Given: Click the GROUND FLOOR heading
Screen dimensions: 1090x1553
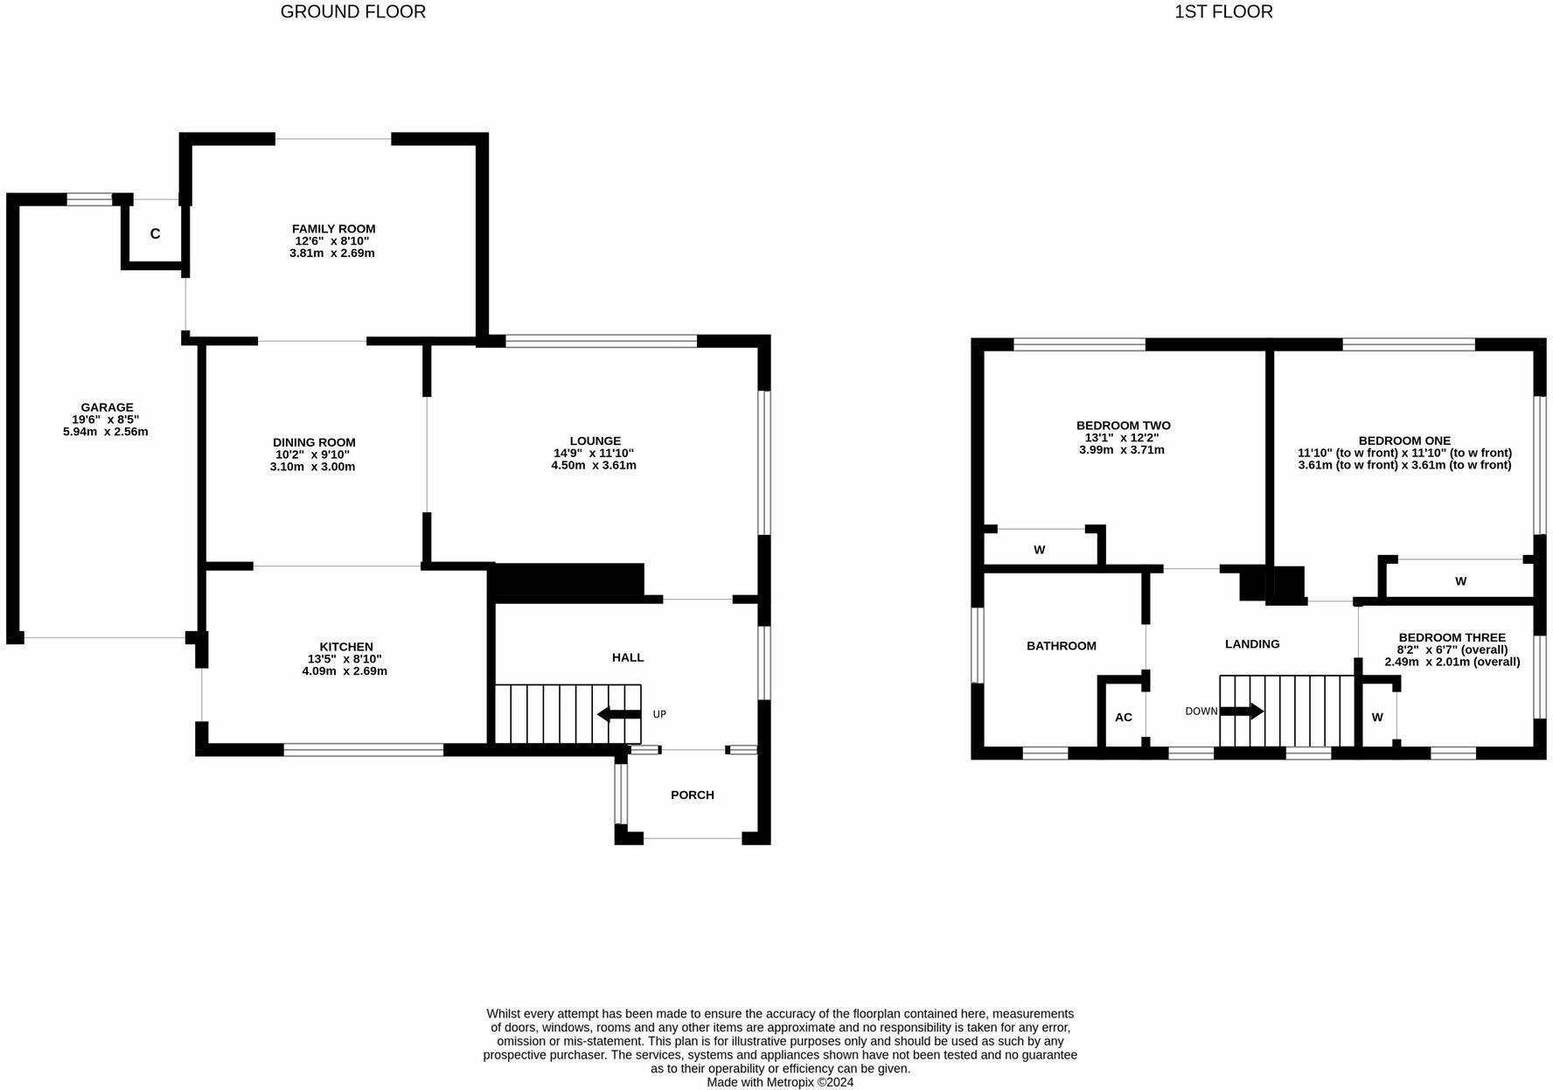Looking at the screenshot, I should [x=352, y=11].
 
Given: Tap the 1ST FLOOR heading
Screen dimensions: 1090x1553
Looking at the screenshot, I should [x=1222, y=11].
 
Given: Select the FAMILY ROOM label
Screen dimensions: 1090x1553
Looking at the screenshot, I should [x=333, y=228].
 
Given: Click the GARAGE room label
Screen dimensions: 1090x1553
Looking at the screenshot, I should [x=107, y=406].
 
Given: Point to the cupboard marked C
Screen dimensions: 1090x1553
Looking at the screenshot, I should [x=155, y=233].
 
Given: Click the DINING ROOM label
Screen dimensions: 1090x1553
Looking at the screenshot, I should [x=314, y=442].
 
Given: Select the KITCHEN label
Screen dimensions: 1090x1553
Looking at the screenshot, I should [x=345, y=646].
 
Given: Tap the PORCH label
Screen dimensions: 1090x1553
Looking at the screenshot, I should [x=692, y=795].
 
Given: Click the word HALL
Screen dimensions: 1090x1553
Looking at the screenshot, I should [x=627, y=657].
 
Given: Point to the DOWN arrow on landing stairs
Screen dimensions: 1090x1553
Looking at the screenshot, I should [x=1242, y=711].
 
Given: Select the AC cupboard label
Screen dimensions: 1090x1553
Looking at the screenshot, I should [x=1123, y=717].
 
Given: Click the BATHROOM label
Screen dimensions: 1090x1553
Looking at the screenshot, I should [x=1061, y=645].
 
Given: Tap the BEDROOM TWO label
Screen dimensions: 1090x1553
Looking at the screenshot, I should [x=1123, y=425].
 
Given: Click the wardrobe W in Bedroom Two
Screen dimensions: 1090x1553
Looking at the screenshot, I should [x=1039, y=550].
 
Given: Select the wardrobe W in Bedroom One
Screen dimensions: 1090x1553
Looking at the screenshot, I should [x=1460, y=580].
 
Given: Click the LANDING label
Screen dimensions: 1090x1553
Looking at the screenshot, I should [x=1251, y=643].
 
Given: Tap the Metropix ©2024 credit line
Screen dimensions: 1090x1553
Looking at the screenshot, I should [x=780, y=1081].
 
